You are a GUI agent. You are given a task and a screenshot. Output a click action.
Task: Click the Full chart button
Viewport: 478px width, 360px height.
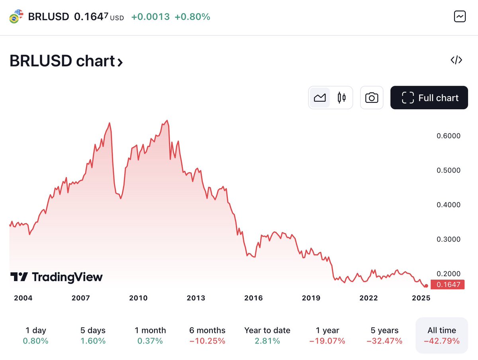429,98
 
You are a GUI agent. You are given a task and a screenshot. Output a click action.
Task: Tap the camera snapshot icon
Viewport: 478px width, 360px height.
372,98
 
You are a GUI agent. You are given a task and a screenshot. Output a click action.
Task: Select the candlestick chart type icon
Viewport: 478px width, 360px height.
341,98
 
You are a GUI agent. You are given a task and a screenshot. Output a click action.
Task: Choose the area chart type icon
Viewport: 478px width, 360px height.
320,98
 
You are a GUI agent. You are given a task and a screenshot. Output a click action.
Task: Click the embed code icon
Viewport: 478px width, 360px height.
456,60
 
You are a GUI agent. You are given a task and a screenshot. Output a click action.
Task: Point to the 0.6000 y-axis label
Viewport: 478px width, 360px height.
449,136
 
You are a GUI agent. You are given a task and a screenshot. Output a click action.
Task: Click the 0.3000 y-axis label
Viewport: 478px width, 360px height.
449,239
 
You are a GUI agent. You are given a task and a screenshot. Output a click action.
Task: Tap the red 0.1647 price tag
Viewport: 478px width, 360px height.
447,284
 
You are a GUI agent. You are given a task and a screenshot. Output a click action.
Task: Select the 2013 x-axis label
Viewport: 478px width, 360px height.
196,298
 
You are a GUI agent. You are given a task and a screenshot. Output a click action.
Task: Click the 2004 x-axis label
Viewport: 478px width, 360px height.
23,298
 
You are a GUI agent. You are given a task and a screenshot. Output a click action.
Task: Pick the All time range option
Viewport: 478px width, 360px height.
442,335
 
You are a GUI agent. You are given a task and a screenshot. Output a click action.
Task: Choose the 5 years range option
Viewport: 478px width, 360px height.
384,335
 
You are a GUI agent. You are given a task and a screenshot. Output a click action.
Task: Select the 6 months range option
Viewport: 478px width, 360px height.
207,335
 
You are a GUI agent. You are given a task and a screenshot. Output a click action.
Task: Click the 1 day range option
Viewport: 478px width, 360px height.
35,335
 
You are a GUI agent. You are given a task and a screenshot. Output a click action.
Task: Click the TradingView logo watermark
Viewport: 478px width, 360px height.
57,277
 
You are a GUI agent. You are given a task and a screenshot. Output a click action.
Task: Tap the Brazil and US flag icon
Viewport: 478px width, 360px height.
16,16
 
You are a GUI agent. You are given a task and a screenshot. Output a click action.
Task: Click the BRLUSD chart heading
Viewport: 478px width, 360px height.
66,61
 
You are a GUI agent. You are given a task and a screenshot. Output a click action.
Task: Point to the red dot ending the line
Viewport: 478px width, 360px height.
426,286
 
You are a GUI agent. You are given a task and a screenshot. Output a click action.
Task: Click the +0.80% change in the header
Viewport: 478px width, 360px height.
192,17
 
